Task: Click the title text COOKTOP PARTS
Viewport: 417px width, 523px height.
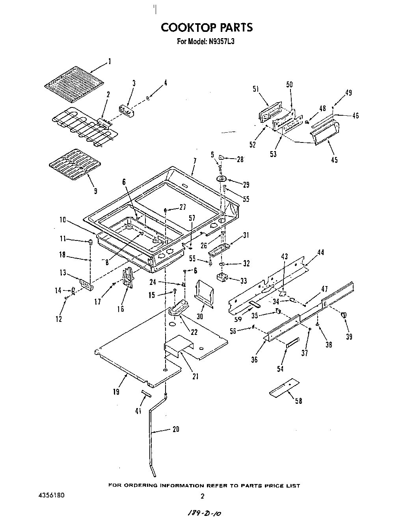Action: point(207,27)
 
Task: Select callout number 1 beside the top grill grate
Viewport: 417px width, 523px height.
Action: point(109,61)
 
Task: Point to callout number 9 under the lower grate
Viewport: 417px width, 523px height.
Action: point(95,191)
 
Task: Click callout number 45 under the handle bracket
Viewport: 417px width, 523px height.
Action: point(334,160)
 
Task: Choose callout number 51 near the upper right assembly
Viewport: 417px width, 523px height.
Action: point(255,89)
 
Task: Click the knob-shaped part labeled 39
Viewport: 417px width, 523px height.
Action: point(344,314)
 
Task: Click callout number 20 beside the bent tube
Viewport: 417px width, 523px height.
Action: point(176,429)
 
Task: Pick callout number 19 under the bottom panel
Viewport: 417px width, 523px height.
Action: point(115,392)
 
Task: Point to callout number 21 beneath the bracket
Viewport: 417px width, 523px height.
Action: point(195,376)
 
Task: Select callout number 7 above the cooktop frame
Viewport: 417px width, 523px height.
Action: point(194,161)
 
